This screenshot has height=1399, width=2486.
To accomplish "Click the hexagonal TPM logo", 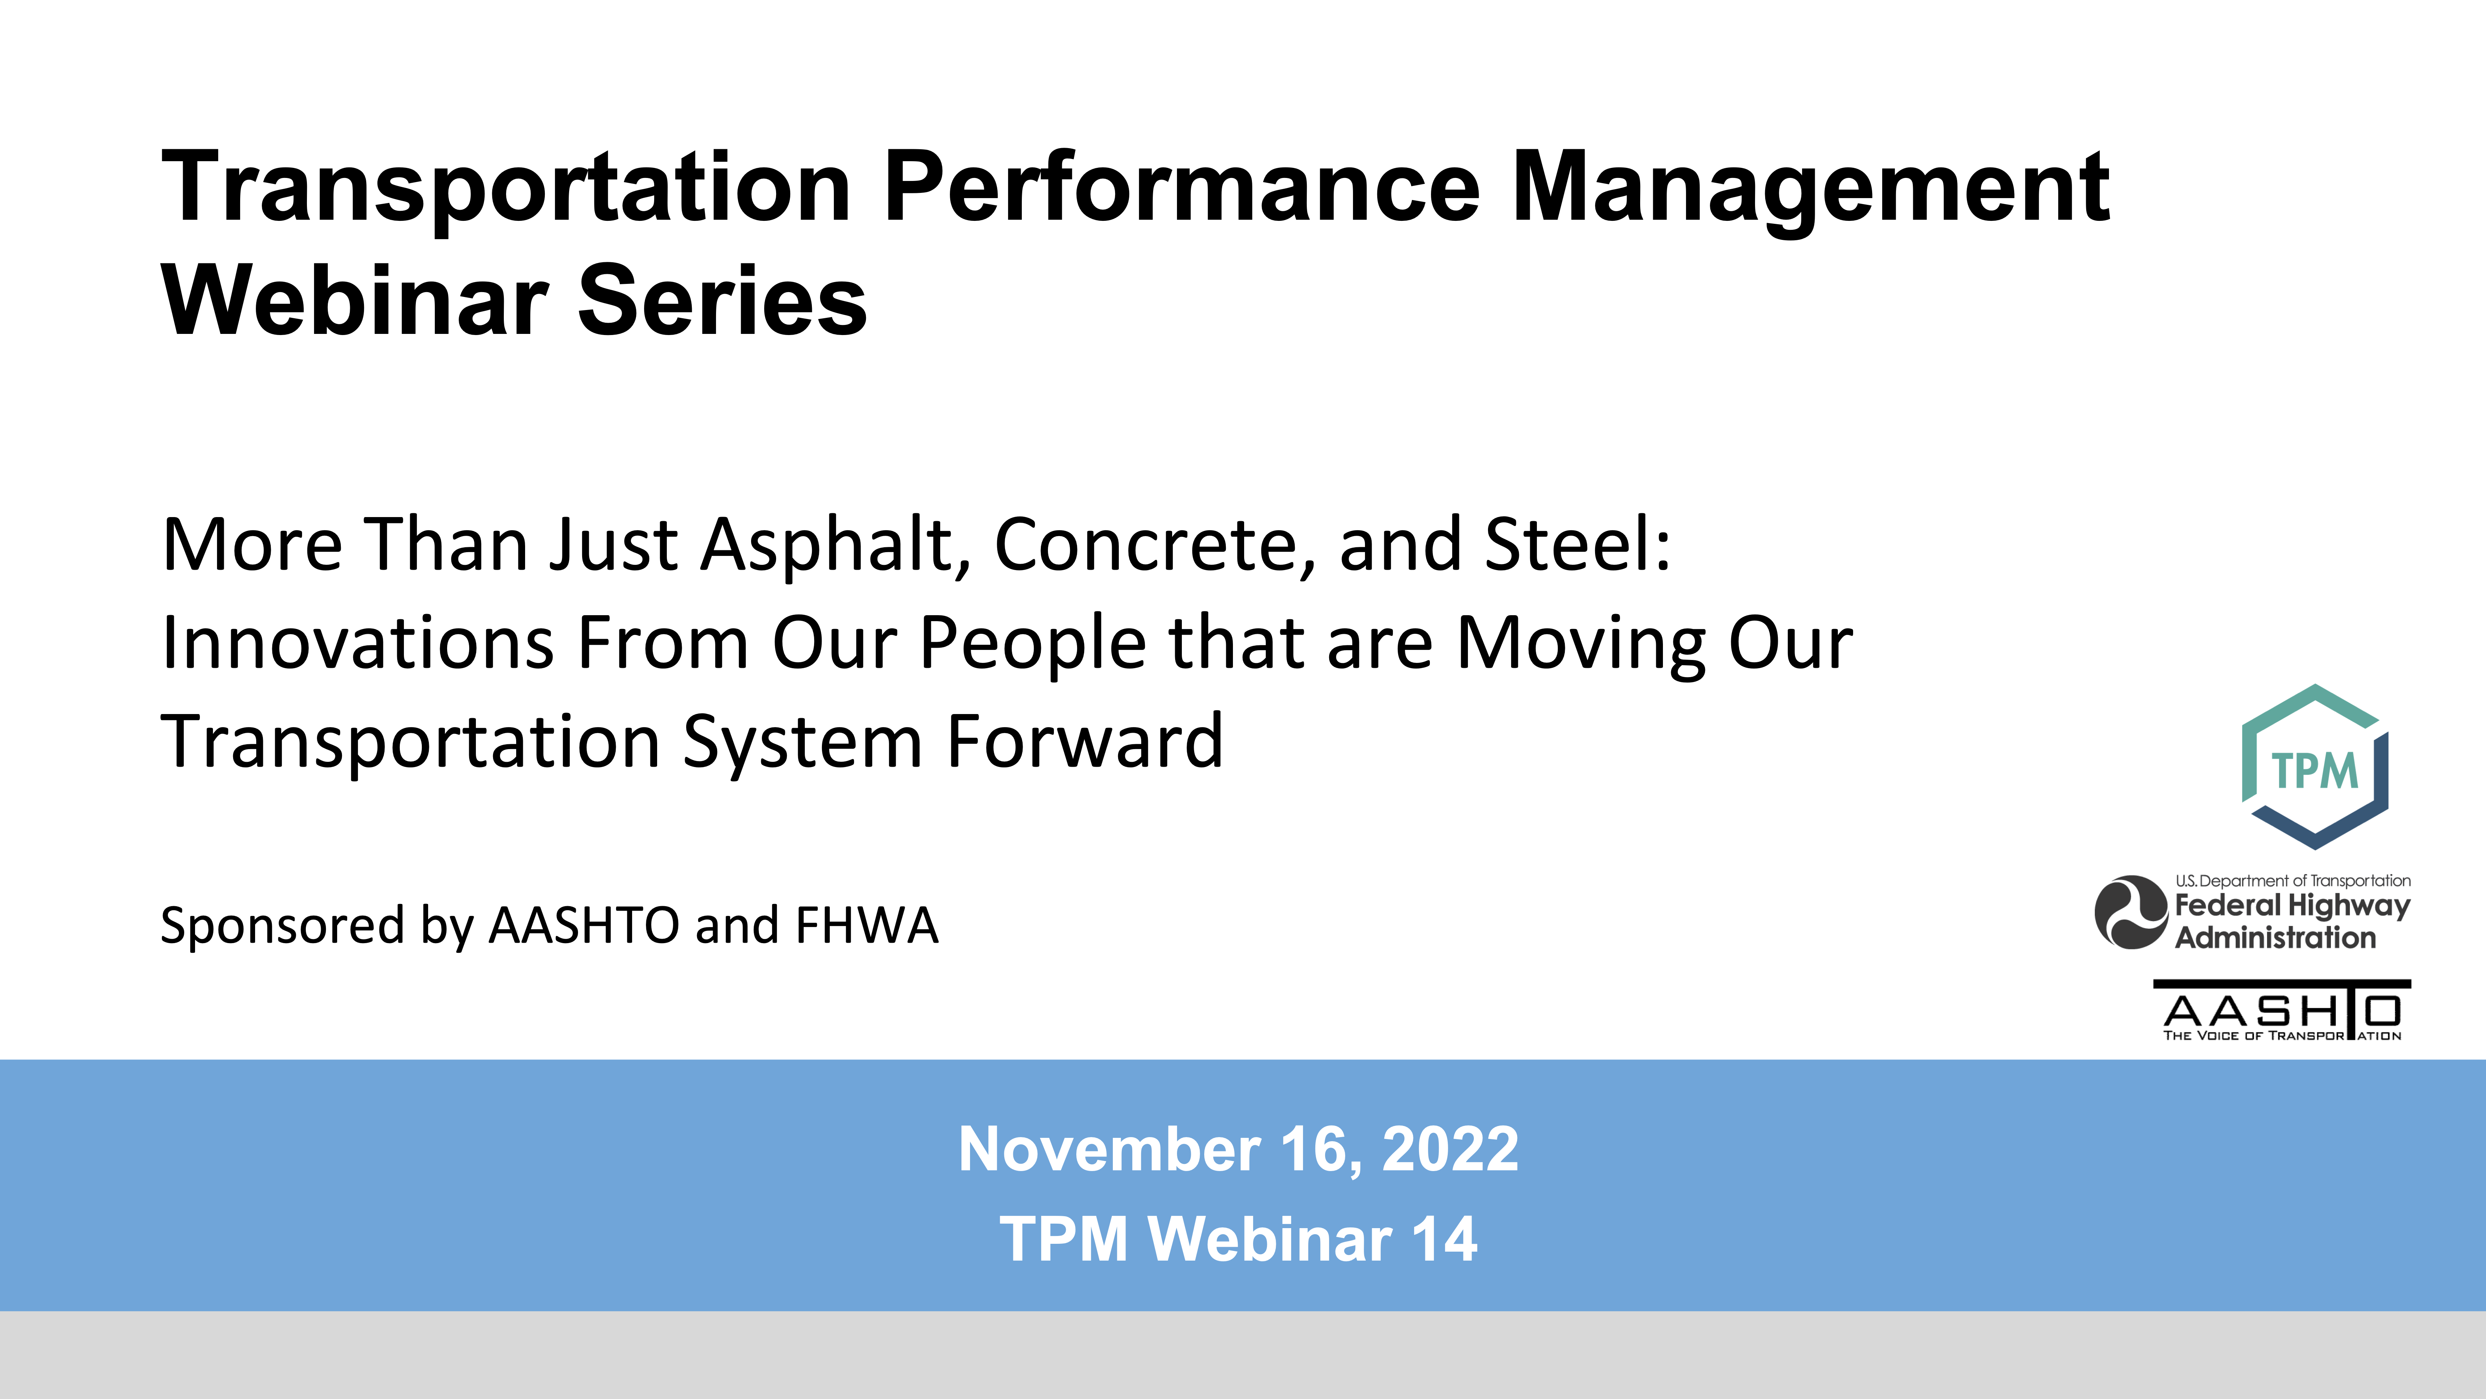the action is coord(2314,767).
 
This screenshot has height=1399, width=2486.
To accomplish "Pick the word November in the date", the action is coord(1109,1149).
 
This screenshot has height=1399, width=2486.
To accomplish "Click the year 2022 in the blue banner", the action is coord(1450,1149).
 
